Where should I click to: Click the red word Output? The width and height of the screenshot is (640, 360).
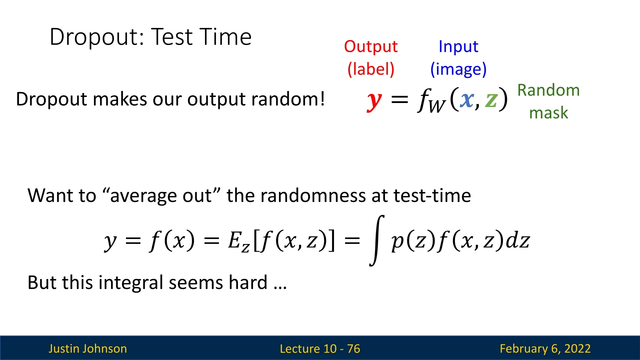(371, 46)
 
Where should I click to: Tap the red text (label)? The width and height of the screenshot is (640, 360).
(371, 69)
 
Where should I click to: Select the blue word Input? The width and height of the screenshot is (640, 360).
(458, 47)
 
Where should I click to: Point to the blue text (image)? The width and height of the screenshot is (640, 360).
(458, 69)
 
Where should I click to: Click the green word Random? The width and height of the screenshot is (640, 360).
(548, 90)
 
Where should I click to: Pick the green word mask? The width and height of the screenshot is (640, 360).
(548, 113)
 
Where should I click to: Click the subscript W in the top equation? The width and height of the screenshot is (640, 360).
(437, 106)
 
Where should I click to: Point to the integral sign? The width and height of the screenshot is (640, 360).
(377, 241)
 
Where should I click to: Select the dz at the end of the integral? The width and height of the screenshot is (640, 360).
(518, 240)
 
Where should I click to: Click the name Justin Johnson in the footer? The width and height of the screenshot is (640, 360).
(88, 349)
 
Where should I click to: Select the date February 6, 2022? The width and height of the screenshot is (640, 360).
(545, 349)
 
